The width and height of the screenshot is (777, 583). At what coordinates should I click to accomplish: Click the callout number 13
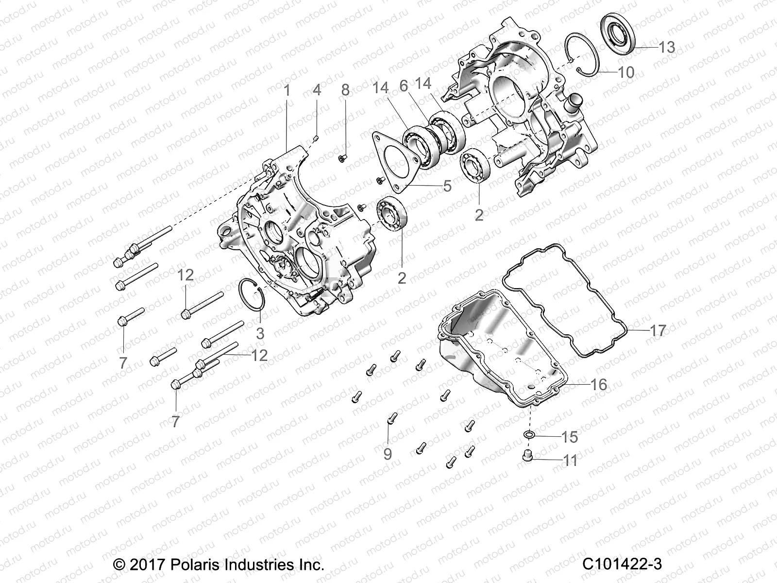tap(667, 47)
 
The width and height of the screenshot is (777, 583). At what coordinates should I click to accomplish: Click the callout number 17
tap(658, 330)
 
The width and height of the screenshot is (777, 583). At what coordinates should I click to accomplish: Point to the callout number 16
tap(599, 384)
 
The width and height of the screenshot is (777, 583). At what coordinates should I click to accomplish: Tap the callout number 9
tap(388, 454)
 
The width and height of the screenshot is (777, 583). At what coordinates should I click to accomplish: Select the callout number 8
tap(359, 90)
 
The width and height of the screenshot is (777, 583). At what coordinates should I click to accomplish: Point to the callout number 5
tap(447, 186)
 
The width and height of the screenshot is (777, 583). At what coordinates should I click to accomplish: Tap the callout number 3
tap(260, 333)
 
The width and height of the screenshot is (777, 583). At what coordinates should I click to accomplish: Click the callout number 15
tap(569, 437)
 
